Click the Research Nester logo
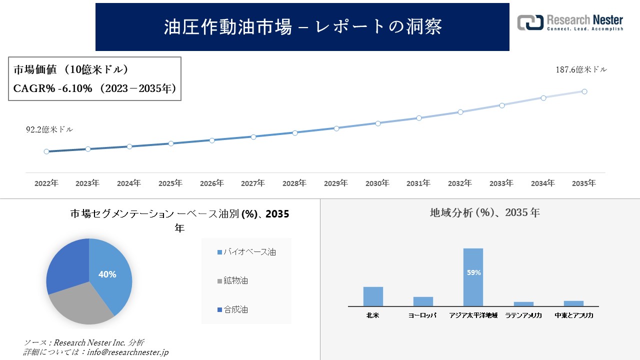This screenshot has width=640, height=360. click(x=570, y=22)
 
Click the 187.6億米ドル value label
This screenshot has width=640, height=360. click(x=581, y=70)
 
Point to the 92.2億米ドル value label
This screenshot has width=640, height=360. click(x=49, y=129)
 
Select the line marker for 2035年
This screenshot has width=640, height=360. click(x=584, y=91)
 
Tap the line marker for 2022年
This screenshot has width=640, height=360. click(x=46, y=151)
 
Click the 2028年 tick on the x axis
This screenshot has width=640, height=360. click(x=294, y=183)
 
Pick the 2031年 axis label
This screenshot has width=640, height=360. click(x=418, y=183)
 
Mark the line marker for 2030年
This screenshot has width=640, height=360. click(x=377, y=123)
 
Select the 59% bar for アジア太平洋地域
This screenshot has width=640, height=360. click(x=473, y=277)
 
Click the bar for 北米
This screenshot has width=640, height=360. click(x=373, y=296)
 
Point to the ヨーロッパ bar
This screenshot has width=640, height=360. click(x=423, y=301)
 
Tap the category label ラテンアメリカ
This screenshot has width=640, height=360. click(x=523, y=315)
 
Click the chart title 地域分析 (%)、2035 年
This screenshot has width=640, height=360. click(x=484, y=212)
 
